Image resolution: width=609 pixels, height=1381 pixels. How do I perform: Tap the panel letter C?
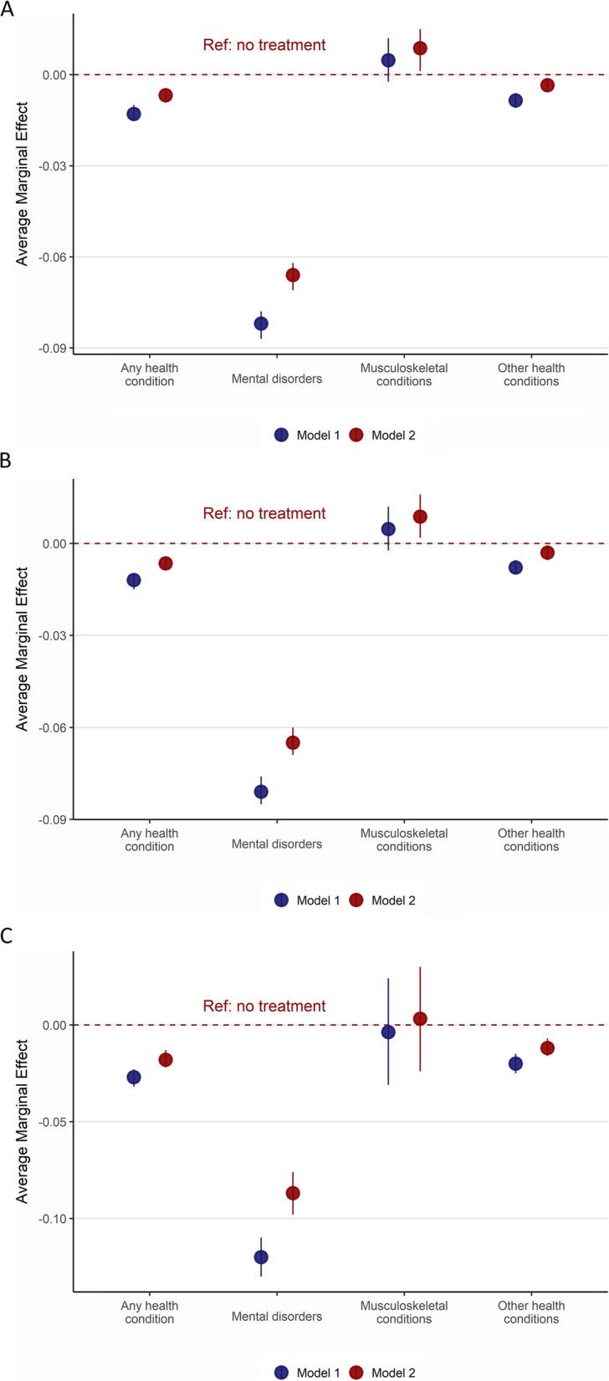[x=8, y=936]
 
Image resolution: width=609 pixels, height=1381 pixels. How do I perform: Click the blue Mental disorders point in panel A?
[x=261, y=324]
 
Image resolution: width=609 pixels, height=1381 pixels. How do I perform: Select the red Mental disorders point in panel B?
[x=293, y=742]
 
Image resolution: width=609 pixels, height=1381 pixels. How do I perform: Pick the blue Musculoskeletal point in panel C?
[x=388, y=1032]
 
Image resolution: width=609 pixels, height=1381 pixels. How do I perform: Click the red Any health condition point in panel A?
[x=166, y=95]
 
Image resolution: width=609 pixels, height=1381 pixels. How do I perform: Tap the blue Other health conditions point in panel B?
[x=515, y=568]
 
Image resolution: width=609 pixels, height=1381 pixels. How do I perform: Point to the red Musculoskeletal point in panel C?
[x=420, y=1018]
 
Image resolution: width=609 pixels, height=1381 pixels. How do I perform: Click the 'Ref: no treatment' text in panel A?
[x=264, y=45]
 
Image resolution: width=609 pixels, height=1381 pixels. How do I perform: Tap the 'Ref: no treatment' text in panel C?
[x=264, y=1006]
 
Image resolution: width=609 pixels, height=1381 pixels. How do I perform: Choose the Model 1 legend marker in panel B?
[x=281, y=899]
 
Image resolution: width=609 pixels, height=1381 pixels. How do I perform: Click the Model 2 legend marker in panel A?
[x=356, y=435]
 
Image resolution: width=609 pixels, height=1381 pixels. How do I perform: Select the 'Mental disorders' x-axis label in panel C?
[x=277, y=1317]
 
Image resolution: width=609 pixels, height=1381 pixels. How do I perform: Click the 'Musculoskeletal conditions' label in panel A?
[x=404, y=375]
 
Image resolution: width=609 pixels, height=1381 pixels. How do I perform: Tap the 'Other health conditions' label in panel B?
[x=531, y=839]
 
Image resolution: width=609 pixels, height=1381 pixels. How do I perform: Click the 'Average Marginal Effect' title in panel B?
[x=23, y=650]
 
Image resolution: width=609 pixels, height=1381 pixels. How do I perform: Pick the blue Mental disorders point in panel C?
[x=261, y=1256]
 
